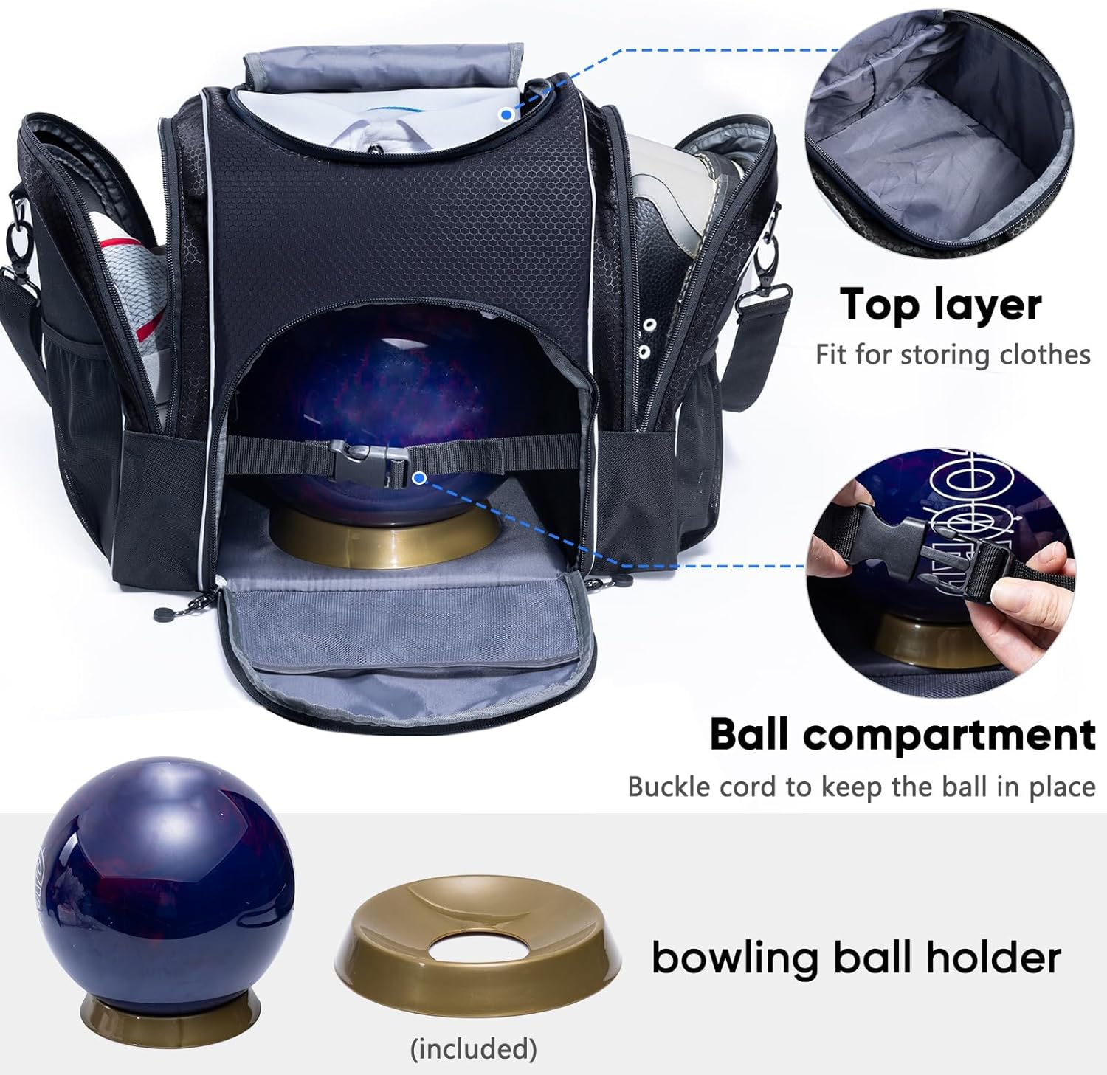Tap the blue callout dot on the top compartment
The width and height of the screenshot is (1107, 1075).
click(506, 114)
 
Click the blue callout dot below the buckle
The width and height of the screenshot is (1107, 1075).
click(419, 478)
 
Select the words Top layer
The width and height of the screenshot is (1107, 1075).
click(940, 304)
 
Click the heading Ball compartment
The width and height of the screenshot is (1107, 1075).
click(902, 735)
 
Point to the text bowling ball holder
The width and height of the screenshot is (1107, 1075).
click(856, 958)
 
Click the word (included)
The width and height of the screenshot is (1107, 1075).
click(474, 1048)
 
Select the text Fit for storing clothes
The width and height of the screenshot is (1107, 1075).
click(953, 355)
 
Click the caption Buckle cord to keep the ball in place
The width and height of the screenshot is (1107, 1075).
click(861, 787)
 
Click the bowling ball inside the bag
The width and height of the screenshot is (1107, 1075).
click(391, 384)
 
